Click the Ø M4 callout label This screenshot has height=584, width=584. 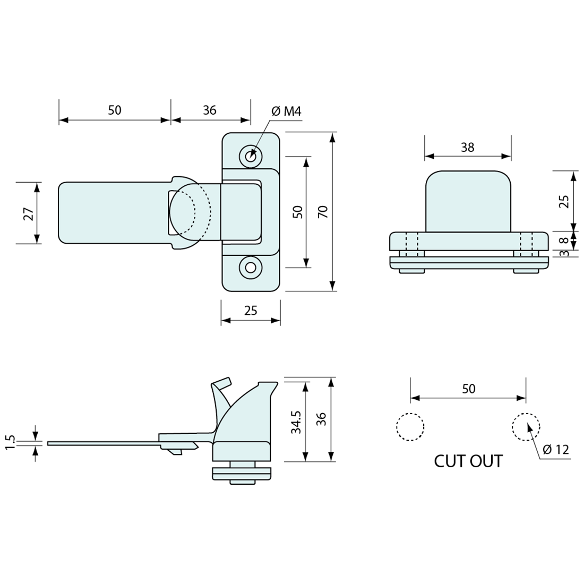coord(286,111)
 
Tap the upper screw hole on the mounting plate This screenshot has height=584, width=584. coord(251,156)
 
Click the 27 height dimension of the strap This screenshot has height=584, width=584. coord(29,213)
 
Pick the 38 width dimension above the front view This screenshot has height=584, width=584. coord(467,148)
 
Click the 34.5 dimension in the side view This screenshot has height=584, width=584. coord(297,422)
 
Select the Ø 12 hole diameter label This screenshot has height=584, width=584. coord(556,450)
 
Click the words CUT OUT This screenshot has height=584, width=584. coord(468,461)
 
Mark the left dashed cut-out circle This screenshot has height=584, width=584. coord(410,427)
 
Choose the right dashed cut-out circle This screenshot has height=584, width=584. coord(526,427)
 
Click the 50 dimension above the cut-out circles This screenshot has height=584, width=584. coord(468,389)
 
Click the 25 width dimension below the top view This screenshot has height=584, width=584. coord(251,311)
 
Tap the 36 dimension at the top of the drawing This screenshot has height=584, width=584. coord(210,110)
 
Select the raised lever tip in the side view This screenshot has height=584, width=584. coord(221,383)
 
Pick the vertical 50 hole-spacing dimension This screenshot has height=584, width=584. coord(298,212)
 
